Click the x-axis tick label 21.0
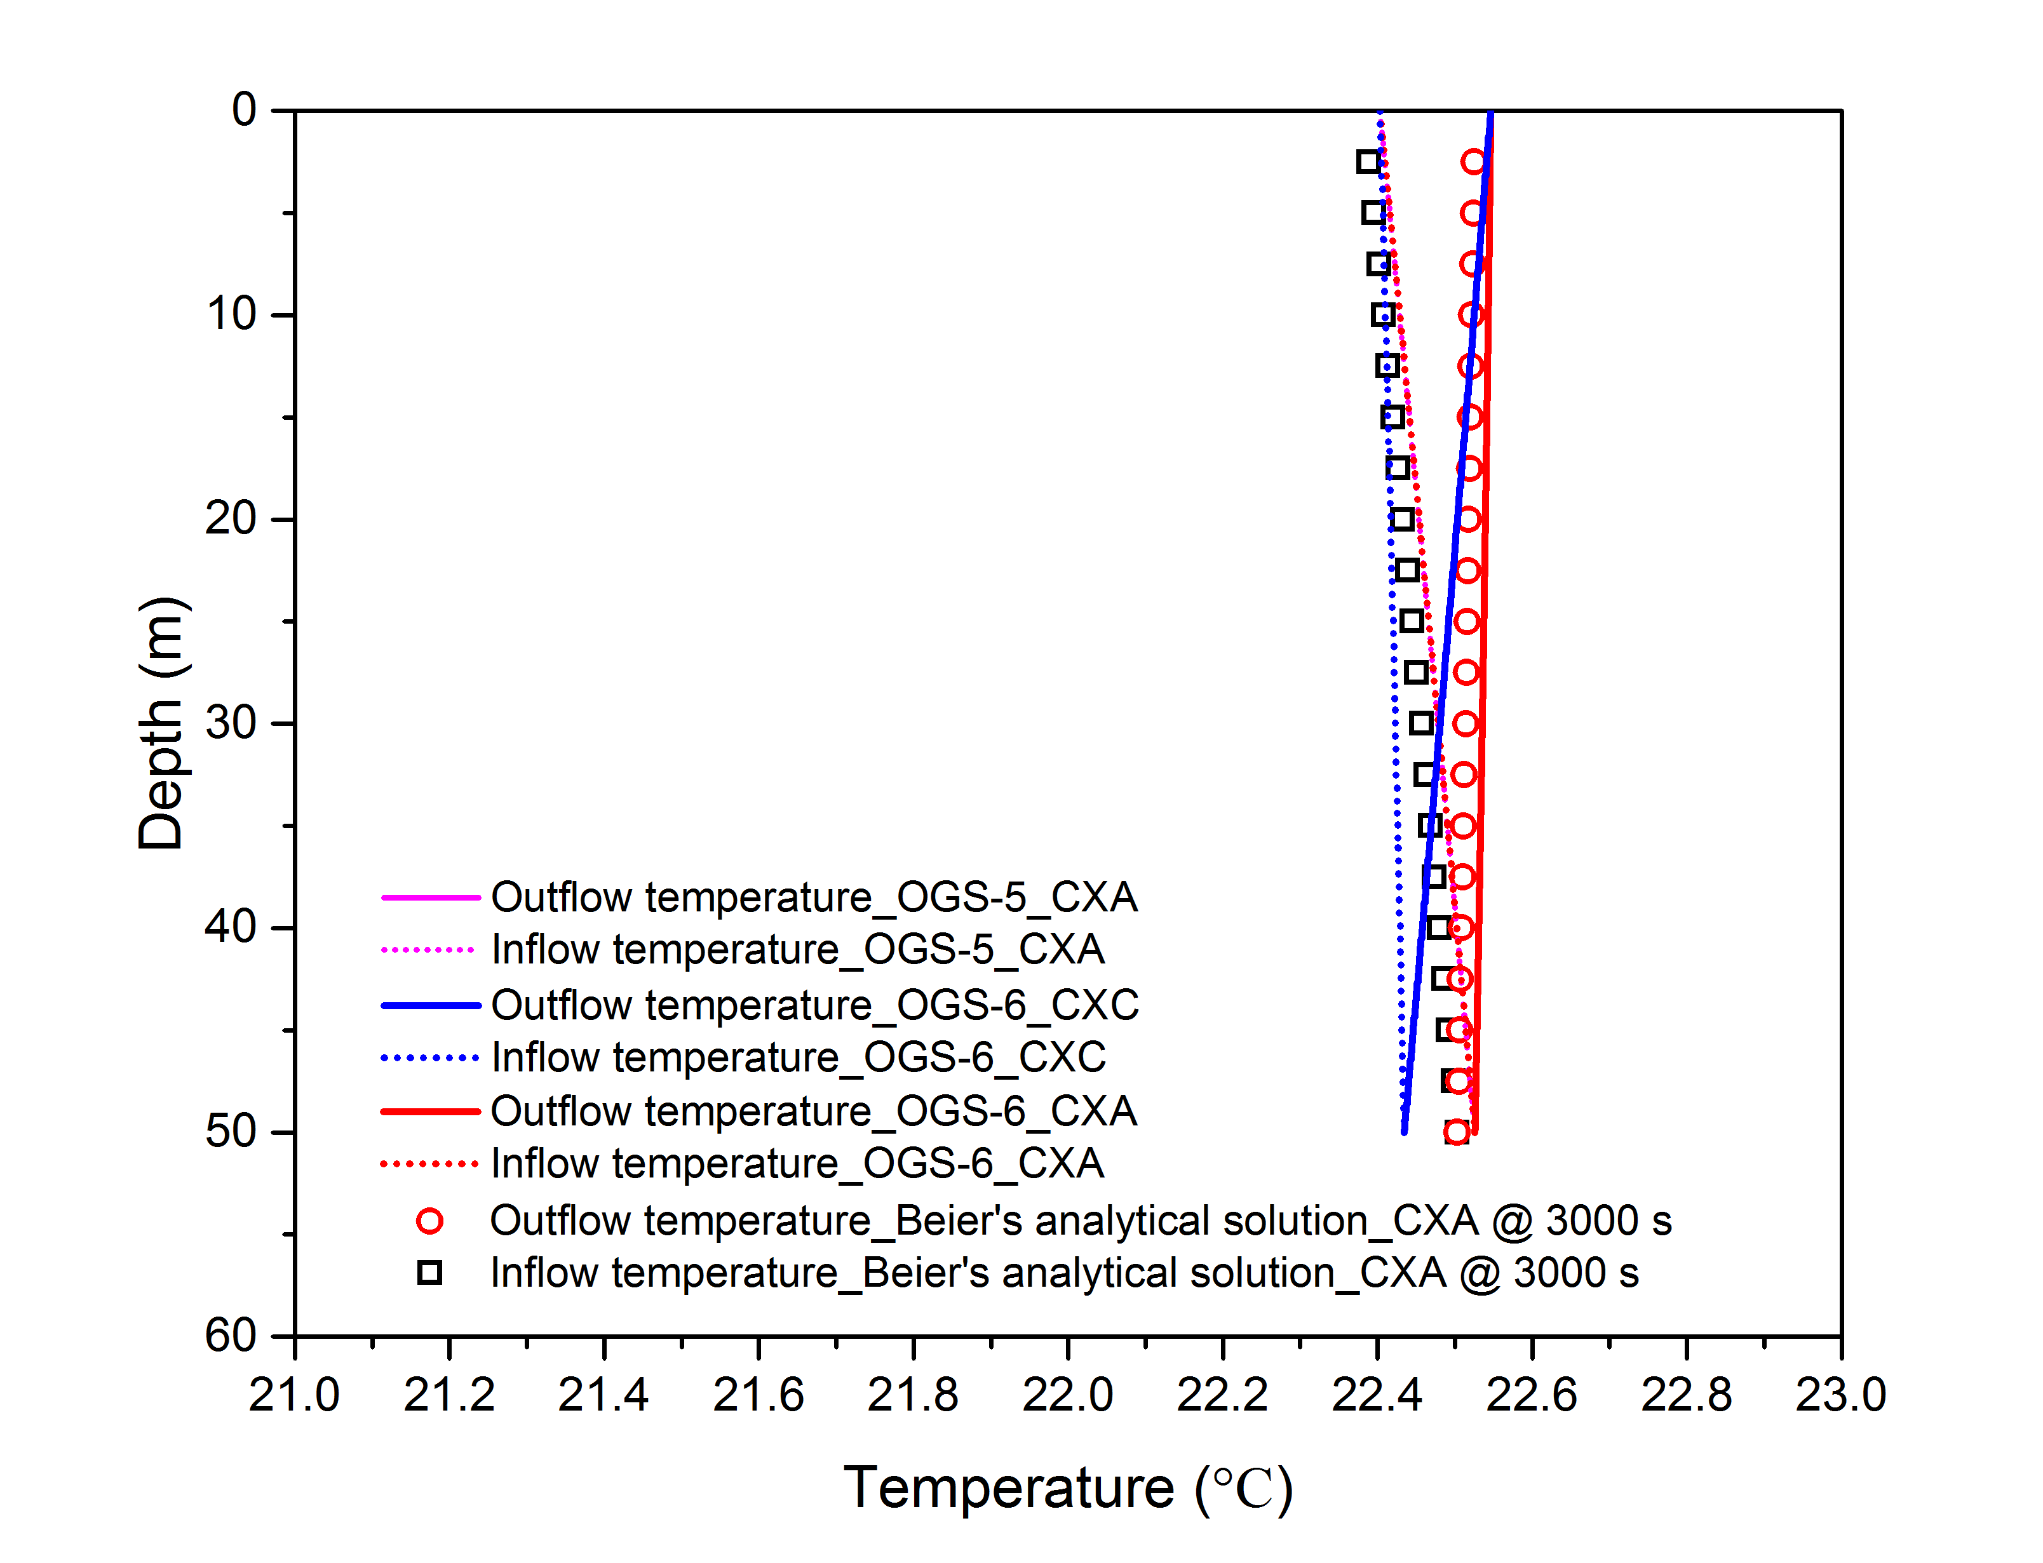294,1395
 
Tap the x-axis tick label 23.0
1840,1395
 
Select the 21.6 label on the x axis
759,1395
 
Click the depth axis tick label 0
244,110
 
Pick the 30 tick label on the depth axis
231,723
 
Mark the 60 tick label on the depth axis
231,1336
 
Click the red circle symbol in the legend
429,1221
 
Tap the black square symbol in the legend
429,1273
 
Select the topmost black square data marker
1368,162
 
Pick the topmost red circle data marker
1473,162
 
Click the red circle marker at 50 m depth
1457,1132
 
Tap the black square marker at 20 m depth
1402,519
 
